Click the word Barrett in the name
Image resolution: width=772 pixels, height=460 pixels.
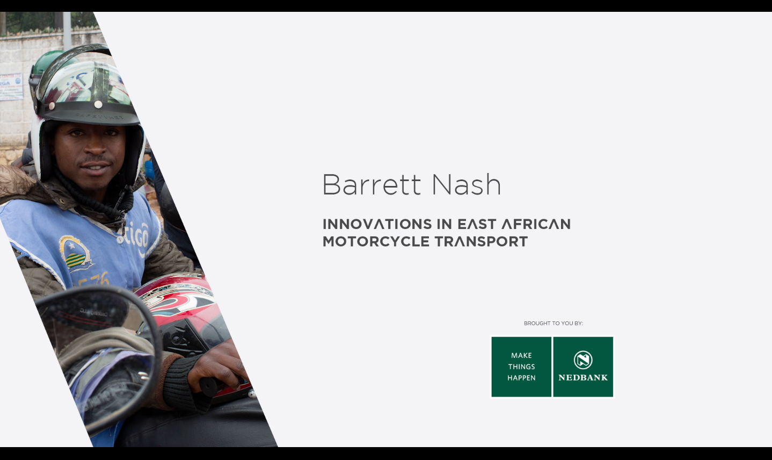[372, 185]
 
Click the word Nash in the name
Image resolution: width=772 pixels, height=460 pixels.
[467, 185]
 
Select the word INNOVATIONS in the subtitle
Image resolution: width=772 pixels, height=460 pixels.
[377, 224]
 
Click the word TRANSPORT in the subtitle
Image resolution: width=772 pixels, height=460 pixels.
[481, 242]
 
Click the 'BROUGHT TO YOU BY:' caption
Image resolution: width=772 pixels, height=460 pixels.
[553, 324]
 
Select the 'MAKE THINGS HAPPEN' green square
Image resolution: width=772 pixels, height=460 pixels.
[521, 367]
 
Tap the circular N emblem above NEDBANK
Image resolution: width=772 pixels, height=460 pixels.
[583, 360]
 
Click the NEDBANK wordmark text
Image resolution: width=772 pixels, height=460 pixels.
[583, 378]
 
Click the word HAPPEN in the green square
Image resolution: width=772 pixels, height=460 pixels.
[521, 378]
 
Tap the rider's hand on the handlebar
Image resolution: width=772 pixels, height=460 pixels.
[217, 366]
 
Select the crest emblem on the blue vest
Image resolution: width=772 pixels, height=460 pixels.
[76, 254]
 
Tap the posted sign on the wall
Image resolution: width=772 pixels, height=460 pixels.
[11, 87]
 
